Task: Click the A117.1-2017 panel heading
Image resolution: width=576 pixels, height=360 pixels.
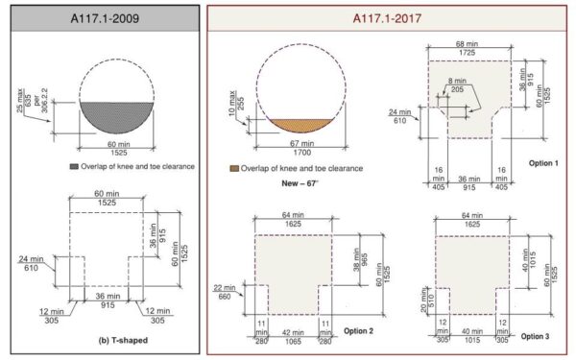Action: [x=391, y=18]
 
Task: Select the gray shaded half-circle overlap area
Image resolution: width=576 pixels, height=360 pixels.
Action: [x=115, y=121]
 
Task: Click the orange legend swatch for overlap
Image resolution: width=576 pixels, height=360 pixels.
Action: [x=235, y=168]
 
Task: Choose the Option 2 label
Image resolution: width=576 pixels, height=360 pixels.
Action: [x=359, y=330]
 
